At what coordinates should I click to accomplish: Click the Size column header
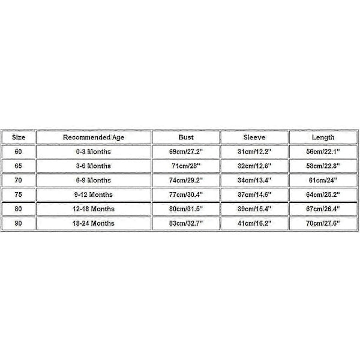[x=17, y=137]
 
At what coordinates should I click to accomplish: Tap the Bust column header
[x=186, y=137]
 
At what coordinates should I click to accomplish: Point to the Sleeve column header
[x=254, y=137]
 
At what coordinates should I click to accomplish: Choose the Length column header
[x=323, y=137]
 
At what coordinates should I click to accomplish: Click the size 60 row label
[x=17, y=152]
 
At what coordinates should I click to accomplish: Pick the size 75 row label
[x=17, y=194]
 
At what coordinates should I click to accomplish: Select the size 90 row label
[x=17, y=223]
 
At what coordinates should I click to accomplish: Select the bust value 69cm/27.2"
[x=186, y=152]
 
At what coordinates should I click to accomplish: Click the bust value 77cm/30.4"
[x=186, y=194]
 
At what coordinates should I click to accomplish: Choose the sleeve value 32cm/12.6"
[x=254, y=166]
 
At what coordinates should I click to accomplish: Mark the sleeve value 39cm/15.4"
[x=254, y=209]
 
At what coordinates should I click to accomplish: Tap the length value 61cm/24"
[x=323, y=180]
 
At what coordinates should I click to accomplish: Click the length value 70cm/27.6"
[x=323, y=223]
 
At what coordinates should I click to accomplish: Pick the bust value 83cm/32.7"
[x=186, y=223]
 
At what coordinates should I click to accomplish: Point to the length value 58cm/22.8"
[x=323, y=166]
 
